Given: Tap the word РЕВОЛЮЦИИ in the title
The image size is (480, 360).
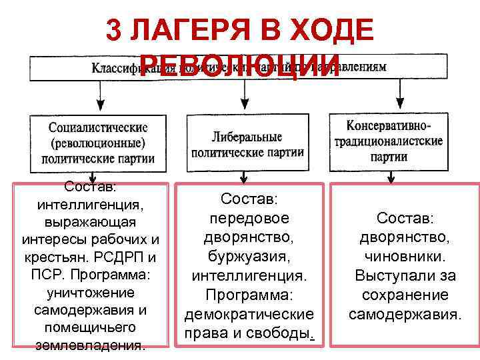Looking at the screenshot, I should pyautogui.click(x=236, y=65).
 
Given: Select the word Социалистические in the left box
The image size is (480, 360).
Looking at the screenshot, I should pyautogui.click(x=98, y=127).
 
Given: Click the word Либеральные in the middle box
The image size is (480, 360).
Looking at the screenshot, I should pyautogui.click(x=247, y=137).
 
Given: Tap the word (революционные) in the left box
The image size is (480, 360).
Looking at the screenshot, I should pyautogui.click(x=98, y=143).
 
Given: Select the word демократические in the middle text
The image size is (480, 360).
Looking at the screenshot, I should pyautogui.click(x=248, y=315).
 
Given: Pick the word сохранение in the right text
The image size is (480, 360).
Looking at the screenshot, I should pyautogui.click(x=405, y=294).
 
